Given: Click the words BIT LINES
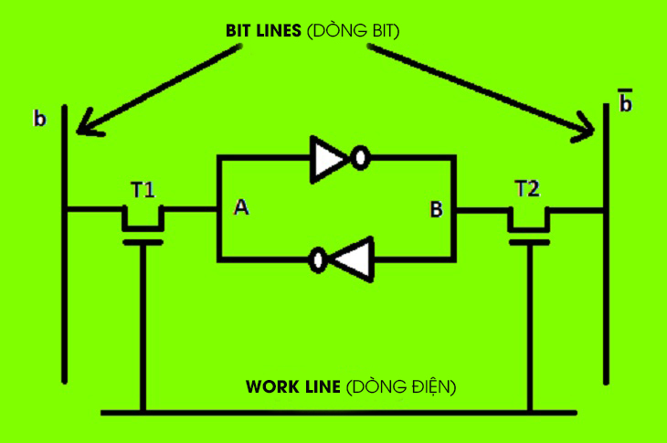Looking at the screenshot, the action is [x=263, y=31].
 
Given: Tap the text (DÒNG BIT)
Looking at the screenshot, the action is [x=353, y=30].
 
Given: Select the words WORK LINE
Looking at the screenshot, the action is [x=293, y=387].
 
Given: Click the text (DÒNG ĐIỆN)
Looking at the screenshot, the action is [x=401, y=386].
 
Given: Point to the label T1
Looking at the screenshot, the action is [x=143, y=190].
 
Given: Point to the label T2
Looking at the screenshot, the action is [x=527, y=188].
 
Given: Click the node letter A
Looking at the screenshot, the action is [x=241, y=207].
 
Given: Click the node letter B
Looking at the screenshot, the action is [x=437, y=209].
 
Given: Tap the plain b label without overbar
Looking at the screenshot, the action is [x=39, y=118].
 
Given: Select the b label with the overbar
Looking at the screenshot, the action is [x=625, y=100].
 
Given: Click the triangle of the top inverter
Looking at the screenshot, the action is [x=329, y=160].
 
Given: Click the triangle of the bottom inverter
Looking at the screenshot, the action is [x=353, y=259].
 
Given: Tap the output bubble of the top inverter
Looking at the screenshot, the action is [x=360, y=158].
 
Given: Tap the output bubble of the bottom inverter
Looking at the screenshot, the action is [x=318, y=259].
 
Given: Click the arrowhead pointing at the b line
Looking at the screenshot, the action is [x=87, y=125].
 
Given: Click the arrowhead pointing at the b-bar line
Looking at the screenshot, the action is [x=585, y=128].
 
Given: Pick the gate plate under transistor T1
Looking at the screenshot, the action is [x=143, y=242].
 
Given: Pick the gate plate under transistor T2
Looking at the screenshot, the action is [x=529, y=242].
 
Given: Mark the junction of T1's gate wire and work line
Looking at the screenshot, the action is [x=143, y=412].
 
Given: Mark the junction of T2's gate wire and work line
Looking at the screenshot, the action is [x=530, y=412].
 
